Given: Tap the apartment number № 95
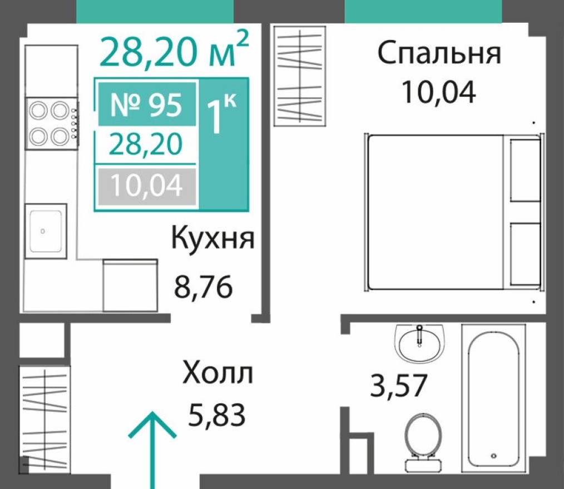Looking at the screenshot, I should [146, 105].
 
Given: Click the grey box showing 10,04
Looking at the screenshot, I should [146, 187].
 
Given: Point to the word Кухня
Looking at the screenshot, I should [212, 239].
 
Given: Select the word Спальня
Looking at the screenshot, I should [439, 54].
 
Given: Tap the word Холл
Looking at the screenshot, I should [218, 374].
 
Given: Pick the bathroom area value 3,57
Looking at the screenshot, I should [398, 386].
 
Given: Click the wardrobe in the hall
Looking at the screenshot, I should [44, 417].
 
